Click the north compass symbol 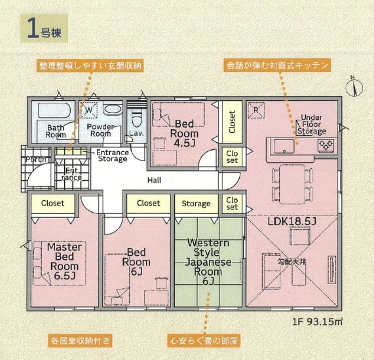point(354,87)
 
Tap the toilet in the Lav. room point(136,118)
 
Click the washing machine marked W point(88,110)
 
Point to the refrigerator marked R point(256,110)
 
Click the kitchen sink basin point(284,146)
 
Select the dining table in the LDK point(292,184)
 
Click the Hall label point(155,180)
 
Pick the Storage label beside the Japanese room point(196,204)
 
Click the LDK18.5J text point(292,222)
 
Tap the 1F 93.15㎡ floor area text point(318,322)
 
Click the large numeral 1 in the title point(33,28)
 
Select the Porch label point(36,159)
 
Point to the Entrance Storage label point(113,155)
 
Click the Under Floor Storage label point(312,124)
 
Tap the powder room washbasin point(113,109)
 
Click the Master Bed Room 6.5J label point(64,261)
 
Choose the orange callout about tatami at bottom point(204,340)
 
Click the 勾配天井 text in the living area point(291,262)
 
